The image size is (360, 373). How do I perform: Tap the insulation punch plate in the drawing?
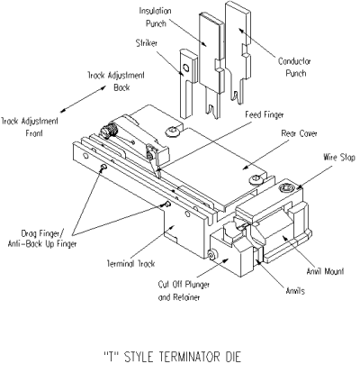click(209, 63)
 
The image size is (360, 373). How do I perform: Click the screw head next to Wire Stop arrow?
click(287, 187)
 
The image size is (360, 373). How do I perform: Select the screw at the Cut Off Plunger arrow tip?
click(211, 255)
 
